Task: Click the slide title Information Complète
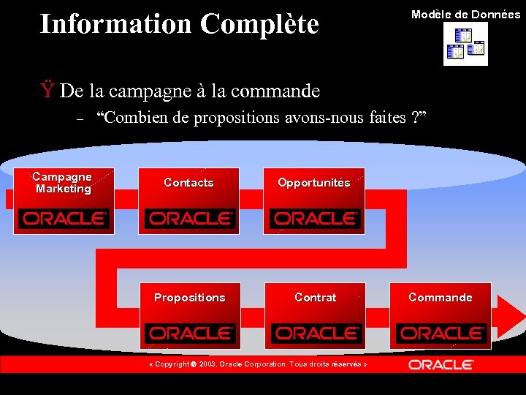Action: click(179, 23)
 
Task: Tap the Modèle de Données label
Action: click(465, 15)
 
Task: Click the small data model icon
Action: click(465, 44)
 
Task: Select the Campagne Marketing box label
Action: click(63, 183)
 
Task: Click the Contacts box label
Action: click(188, 183)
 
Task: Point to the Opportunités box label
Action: click(314, 183)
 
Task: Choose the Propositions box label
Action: click(189, 298)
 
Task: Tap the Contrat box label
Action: click(315, 298)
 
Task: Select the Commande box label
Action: click(440, 298)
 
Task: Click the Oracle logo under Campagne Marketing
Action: click(64, 218)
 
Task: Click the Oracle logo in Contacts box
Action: click(189, 218)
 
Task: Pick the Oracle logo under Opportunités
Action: click(315, 218)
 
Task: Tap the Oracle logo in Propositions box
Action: click(189, 333)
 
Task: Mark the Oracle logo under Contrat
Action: click(315, 333)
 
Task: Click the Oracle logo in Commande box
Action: click(441, 333)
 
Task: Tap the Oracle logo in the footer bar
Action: click(441, 364)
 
